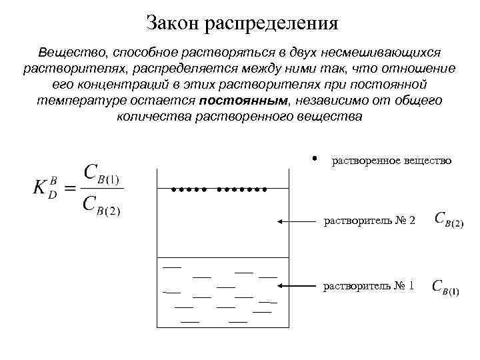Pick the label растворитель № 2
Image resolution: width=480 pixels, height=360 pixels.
point(369,220)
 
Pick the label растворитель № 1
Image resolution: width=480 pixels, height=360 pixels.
point(369,286)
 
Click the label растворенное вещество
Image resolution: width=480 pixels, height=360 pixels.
point(391,161)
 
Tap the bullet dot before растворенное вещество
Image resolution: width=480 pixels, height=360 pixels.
point(313,159)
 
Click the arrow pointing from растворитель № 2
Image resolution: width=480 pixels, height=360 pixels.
point(297,220)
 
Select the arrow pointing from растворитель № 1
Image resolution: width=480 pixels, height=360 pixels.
point(297,286)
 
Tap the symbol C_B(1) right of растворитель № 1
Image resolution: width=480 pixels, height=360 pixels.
point(445,287)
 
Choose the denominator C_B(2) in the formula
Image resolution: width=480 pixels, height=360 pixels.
point(101,203)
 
